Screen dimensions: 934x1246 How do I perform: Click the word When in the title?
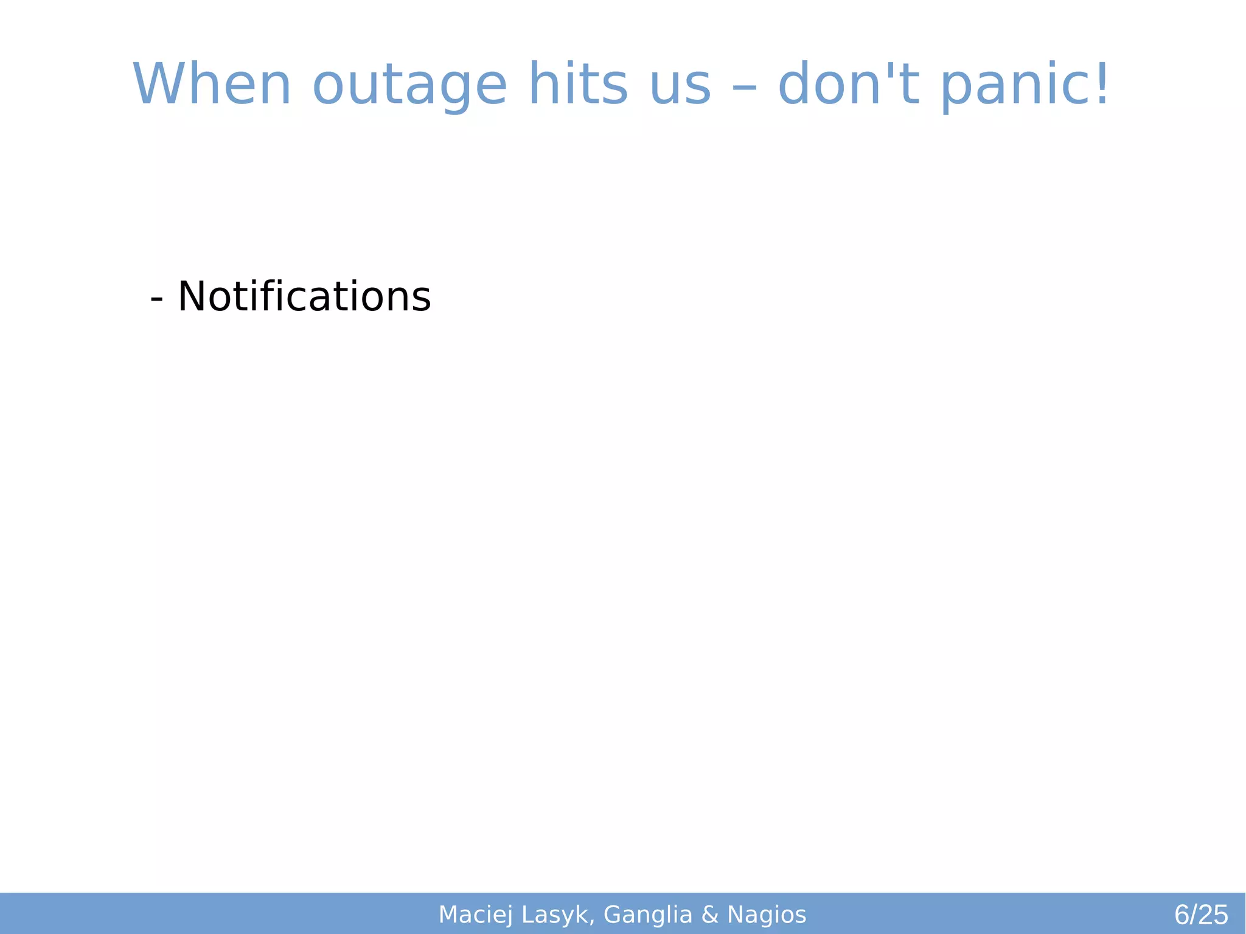click(212, 85)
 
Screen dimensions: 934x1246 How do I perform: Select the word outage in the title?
click(409, 85)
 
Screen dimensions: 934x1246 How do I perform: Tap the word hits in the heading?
click(578, 85)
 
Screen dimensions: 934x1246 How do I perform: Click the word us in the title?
click(680, 85)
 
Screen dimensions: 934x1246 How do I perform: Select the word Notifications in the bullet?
click(304, 297)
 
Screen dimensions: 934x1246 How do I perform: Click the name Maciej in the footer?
click(475, 915)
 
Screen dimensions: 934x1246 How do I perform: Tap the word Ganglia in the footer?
click(647, 915)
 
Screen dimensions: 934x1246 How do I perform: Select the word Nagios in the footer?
click(767, 915)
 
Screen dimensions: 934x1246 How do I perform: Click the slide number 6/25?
click(1200, 915)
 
